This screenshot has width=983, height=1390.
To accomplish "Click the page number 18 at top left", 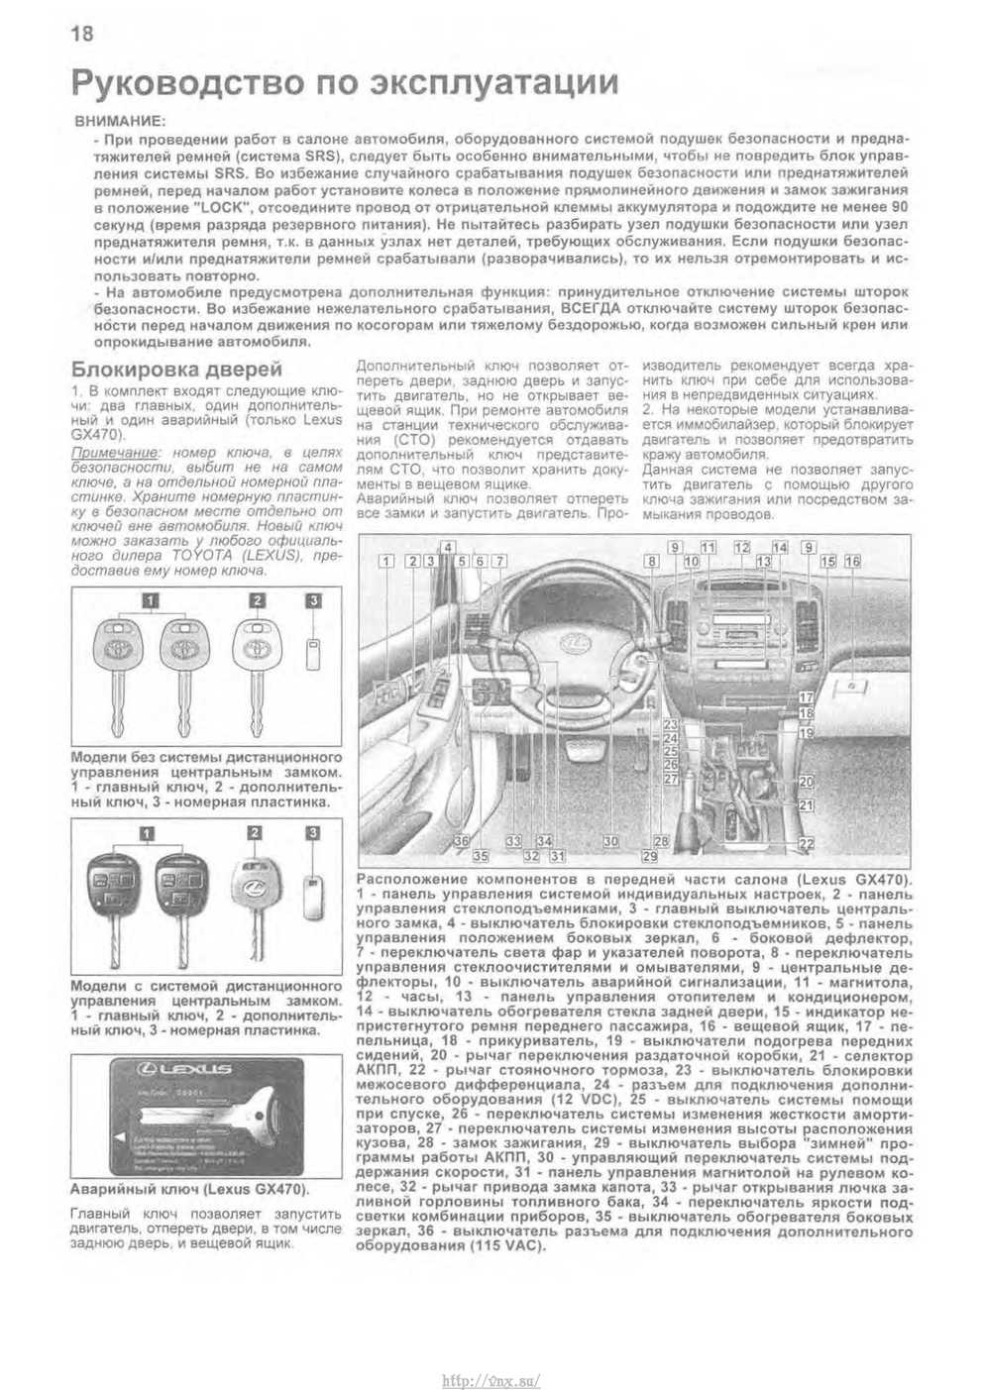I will (81, 34).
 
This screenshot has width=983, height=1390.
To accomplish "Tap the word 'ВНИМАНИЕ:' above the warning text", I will (120, 120).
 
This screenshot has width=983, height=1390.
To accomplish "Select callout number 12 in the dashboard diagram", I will (741, 547).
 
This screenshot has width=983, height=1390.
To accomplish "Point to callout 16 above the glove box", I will (853, 561).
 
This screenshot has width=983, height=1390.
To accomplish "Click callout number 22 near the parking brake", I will (807, 843).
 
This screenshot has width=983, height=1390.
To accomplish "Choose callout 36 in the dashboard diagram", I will (461, 841).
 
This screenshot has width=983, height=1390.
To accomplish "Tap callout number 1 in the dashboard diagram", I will (386, 562).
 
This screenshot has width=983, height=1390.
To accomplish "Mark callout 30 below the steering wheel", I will (611, 841).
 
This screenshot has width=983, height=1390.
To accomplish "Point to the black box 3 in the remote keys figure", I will (314, 832).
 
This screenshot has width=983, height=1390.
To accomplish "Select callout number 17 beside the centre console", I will (807, 697).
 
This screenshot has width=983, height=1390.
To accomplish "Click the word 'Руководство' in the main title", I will (180, 83).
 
